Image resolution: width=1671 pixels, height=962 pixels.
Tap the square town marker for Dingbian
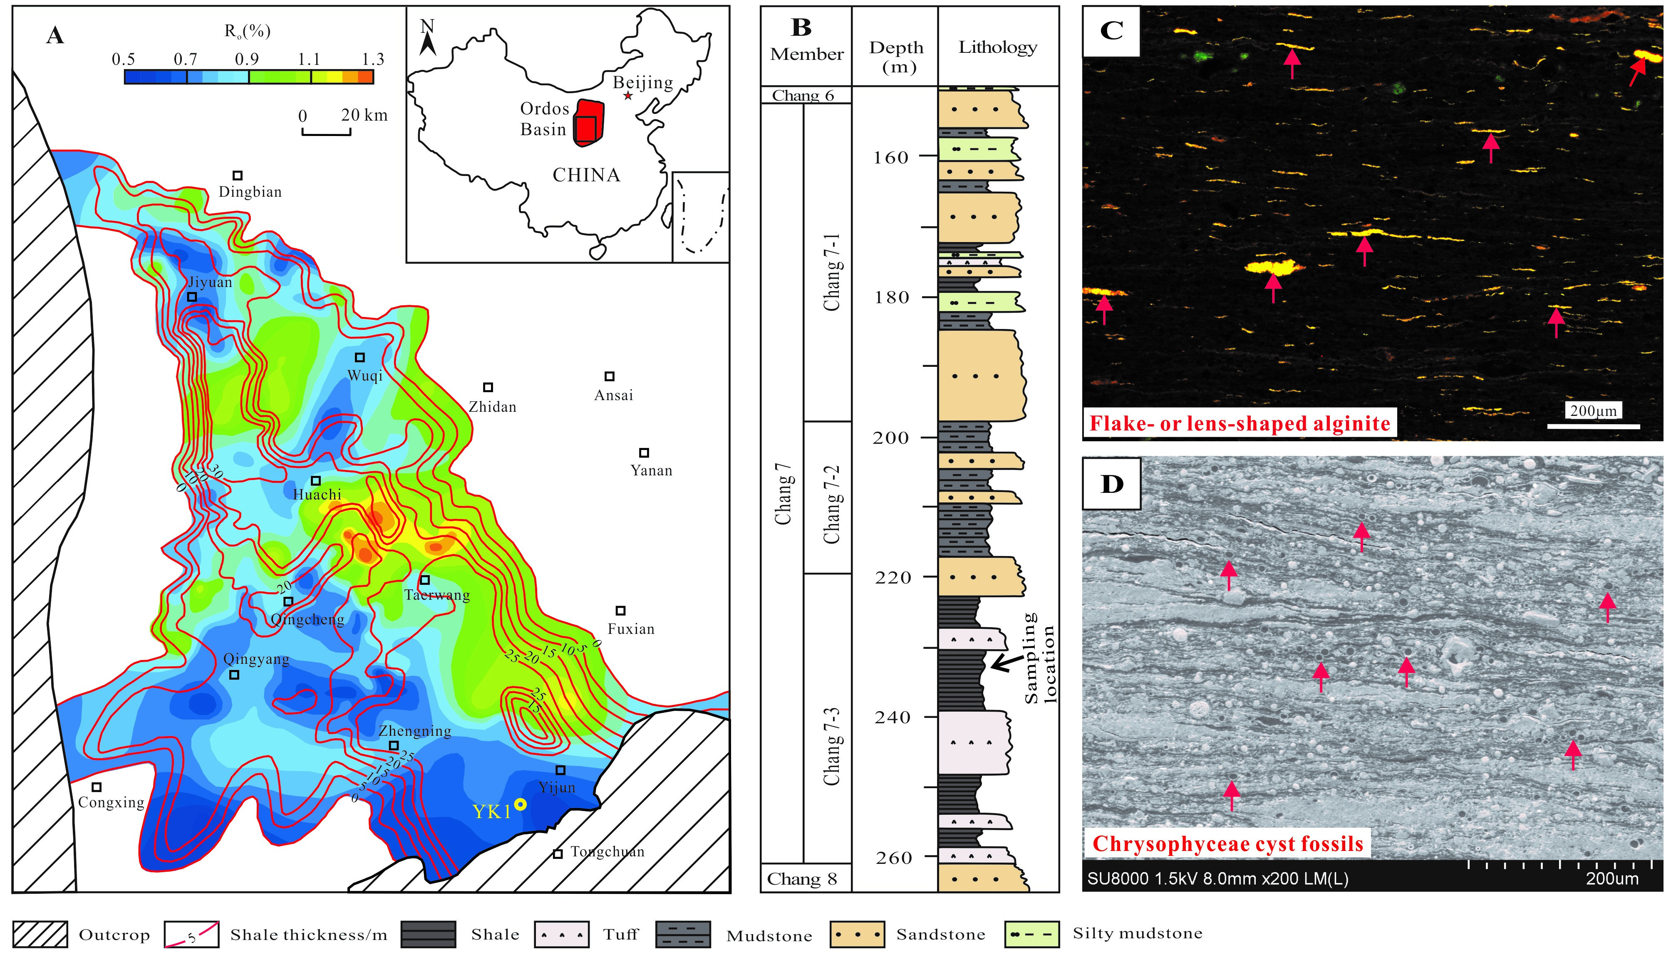(238, 175)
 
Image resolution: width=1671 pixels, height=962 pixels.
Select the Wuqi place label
(365, 376)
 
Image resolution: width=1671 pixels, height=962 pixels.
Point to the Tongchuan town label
(607, 852)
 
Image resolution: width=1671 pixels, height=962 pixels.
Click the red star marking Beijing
(627, 96)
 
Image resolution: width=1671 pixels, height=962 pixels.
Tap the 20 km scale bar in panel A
(327, 132)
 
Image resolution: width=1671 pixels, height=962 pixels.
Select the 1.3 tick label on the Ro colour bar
(373, 59)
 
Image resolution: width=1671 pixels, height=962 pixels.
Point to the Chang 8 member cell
(802, 879)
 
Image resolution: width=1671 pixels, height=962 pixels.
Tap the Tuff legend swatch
(561, 934)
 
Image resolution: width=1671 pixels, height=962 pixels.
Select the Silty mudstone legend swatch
(1031, 934)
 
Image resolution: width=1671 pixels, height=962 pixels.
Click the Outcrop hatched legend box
(40, 934)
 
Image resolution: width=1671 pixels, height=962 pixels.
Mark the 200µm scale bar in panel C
(1593, 426)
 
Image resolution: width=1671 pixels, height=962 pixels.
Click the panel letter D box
(1112, 484)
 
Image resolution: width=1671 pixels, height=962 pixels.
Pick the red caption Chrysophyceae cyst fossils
(1227, 844)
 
